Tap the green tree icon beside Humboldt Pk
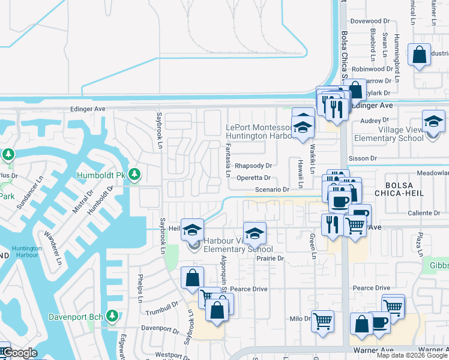point(136,175)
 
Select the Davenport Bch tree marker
point(112,316)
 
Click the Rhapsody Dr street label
point(253,166)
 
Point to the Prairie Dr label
point(270,259)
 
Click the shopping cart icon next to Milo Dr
point(322,320)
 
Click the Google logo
point(20,353)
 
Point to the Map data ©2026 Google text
point(412,355)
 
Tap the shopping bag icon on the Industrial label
point(419,54)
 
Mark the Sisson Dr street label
point(364,158)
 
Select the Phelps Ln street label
point(140,289)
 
